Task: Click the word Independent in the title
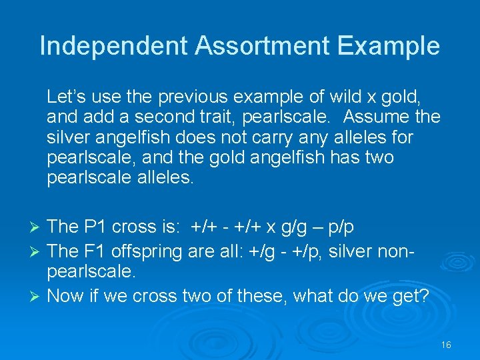pos(114,46)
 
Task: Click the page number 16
pos(446,345)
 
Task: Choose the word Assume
pos(375,117)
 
